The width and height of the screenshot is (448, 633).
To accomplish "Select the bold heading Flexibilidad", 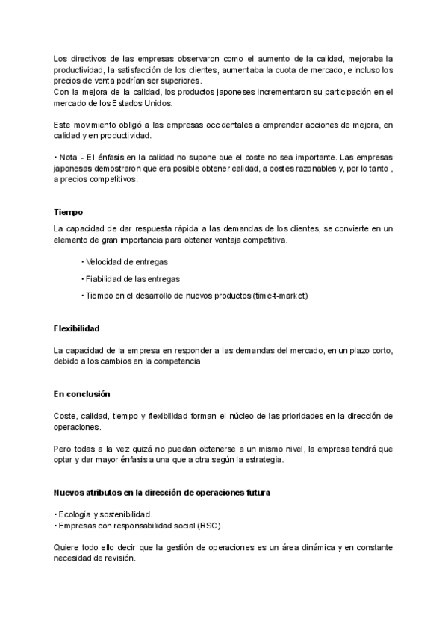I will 77,328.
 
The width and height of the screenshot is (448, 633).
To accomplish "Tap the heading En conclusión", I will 81,393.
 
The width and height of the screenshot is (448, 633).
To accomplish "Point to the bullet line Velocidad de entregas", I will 125,261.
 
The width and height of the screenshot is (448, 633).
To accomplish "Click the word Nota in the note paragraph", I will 69,158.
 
